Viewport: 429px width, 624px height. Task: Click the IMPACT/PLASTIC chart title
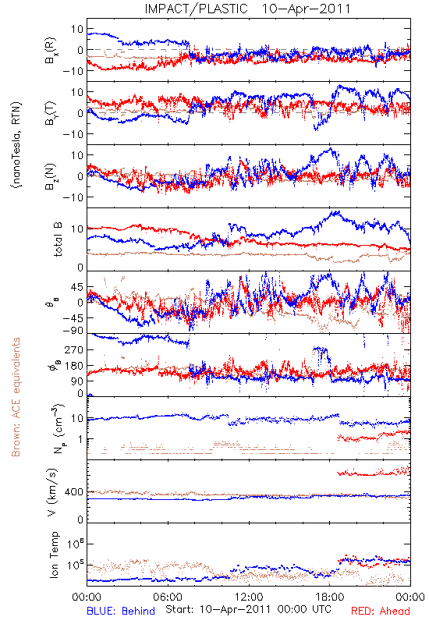pyautogui.click(x=197, y=9)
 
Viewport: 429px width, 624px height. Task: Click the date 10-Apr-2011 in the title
pyautogui.click(x=306, y=9)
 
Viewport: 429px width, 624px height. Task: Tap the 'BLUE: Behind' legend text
pyautogui.click(x=121, y=611)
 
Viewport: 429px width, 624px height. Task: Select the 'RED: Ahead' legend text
pyautogui.click(x=381, y=611)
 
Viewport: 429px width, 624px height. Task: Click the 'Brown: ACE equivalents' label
pyautogui.click(x=16, y=397)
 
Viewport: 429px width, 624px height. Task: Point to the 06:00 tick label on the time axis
pyautogui.click(x=168, y=597)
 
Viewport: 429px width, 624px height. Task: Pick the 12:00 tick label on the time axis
pyautogui.click(x=249, y=597)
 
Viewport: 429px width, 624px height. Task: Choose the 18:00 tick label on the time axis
pyautogui.click(x=330, y=597)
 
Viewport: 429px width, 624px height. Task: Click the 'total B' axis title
pyautogui.click(x=58, y=239)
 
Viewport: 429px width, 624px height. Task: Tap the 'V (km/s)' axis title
pyautogui.click(x=52, y=492)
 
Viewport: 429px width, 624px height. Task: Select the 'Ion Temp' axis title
pyautogui.click(x=54, y=555)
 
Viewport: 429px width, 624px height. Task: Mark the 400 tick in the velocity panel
pyautogui.click(x=74, y=492)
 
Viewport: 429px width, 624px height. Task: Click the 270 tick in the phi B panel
pyautogui.click(x=74, y=349)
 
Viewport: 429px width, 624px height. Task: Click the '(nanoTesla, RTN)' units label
pyautogui.click(x=16, y=145)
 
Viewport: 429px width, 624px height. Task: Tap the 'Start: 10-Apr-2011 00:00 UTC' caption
pyautogui.click(x=248, y=609)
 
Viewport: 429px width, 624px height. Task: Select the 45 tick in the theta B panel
pyautogui.click(x=77, y=287)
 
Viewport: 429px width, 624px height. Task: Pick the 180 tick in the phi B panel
pyautogui.click(x=74, y=366)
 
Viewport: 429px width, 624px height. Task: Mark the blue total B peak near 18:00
pyautogui.click(x=337, y=212)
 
